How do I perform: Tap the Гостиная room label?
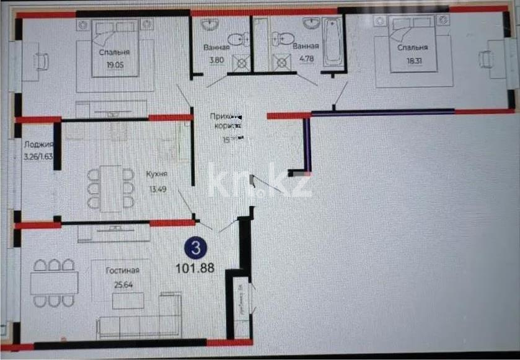pyautogui.click(x=121, y=270)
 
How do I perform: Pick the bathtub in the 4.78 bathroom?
pyautogui.click(x=333, y=42)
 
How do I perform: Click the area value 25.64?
pyautogui.click(x=121, y=285)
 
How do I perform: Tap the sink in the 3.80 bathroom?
pyautogui.click(x=211, y=25)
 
